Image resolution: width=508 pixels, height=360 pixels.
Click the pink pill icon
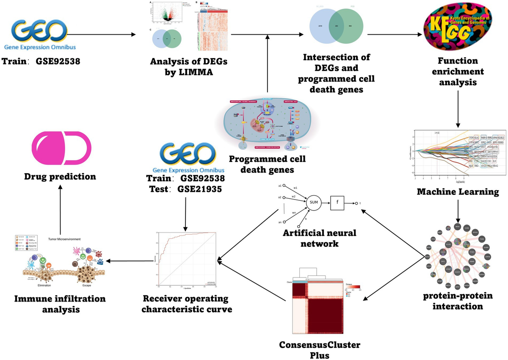(x=62, y=149)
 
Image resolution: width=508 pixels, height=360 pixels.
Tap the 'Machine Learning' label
(x=458, y=192)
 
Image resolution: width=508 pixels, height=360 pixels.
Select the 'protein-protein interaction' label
(x=458, y=301)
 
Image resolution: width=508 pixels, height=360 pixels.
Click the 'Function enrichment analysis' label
(x=458, y=72)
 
